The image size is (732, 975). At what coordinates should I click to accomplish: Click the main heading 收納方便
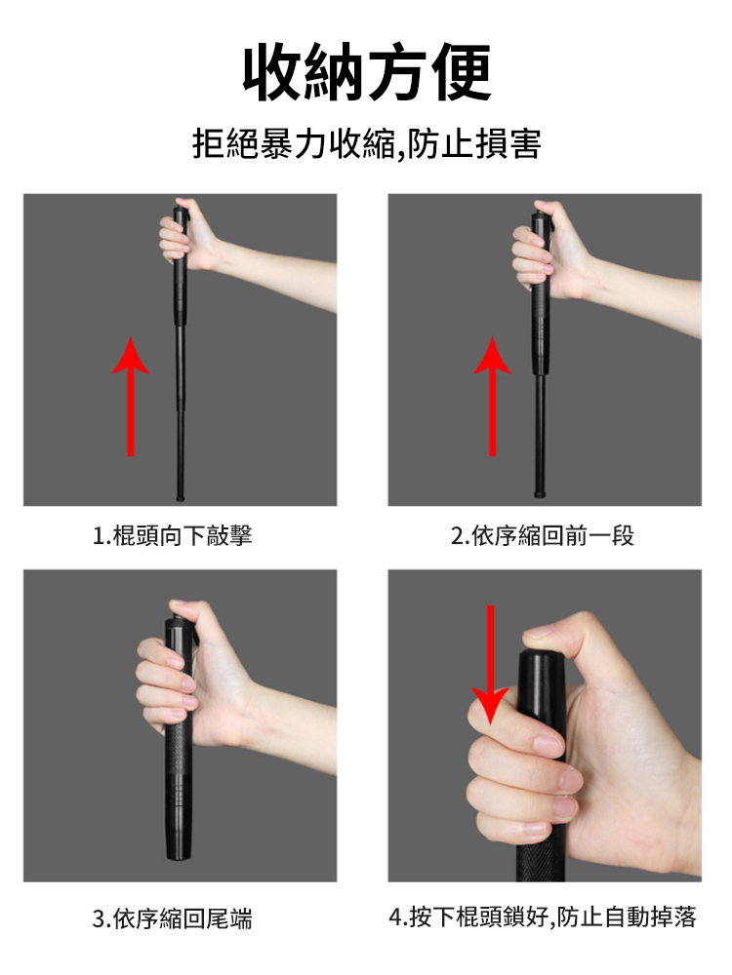point(367,71)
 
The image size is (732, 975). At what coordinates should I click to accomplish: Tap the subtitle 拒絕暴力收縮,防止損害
point(367,143)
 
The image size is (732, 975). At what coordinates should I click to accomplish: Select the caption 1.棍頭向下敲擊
point(173,534)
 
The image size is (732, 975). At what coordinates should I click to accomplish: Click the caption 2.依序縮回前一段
point(542,534)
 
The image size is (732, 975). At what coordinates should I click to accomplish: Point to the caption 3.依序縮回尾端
point(173,917)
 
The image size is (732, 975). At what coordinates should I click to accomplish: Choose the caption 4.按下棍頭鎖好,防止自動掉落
point(542,916)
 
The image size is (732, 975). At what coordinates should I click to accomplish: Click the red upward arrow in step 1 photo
point(131,396)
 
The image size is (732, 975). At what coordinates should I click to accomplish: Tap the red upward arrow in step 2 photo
point(492,396)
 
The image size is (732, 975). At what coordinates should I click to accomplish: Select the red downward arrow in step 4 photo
point(491,664)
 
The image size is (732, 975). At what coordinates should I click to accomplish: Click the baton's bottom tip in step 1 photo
point(181,497)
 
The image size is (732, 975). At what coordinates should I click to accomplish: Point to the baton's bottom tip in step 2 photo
point(541,494)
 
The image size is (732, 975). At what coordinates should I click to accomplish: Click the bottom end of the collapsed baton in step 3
point(178,857)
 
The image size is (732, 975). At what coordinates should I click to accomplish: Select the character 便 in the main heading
point(462,71)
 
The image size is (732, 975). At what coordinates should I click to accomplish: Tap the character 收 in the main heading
point(272,71)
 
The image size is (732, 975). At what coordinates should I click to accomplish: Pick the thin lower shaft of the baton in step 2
point(541,434)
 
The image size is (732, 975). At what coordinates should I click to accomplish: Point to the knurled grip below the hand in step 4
point(541,861)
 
